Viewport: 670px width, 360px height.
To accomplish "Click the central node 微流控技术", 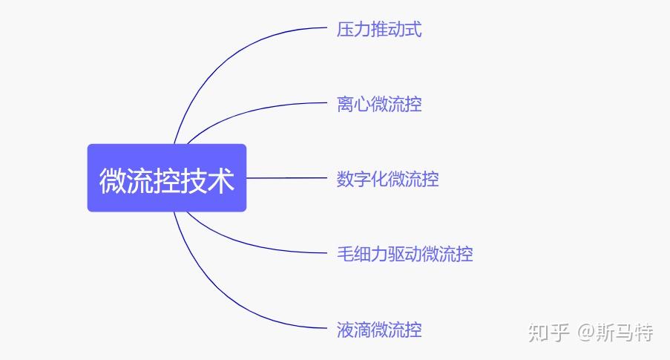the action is tap(167, 178).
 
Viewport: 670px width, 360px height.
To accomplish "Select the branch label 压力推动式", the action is tap(379, 30).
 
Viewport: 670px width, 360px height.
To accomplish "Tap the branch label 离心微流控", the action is tap(379, 104).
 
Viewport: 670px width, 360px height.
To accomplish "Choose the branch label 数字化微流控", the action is tap(387, 179).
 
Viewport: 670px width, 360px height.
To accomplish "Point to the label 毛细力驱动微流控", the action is tap(404, 254).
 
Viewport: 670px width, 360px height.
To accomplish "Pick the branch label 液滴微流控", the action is tap(379, 329).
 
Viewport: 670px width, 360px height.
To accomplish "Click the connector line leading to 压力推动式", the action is tap(223, 52).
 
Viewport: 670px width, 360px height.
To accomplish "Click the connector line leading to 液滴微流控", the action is tap(223, 304).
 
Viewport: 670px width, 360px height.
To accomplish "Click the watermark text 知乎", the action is tap(548, 333).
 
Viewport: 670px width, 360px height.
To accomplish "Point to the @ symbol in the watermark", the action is tap(586, 333).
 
